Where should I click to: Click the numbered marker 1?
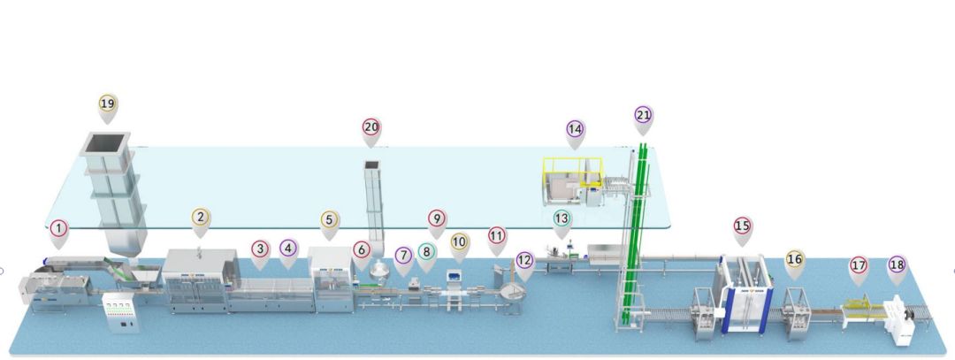58,232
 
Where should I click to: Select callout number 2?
201,218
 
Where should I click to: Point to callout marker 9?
436,218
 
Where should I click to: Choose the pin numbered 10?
459,241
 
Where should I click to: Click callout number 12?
524,261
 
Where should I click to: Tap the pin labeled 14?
576,129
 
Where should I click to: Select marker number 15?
743,226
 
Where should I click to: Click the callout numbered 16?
795,259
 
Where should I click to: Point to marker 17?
858,264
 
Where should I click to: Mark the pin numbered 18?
898,264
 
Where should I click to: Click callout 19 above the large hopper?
108,104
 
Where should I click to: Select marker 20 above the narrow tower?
371,127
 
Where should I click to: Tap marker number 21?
644,115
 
